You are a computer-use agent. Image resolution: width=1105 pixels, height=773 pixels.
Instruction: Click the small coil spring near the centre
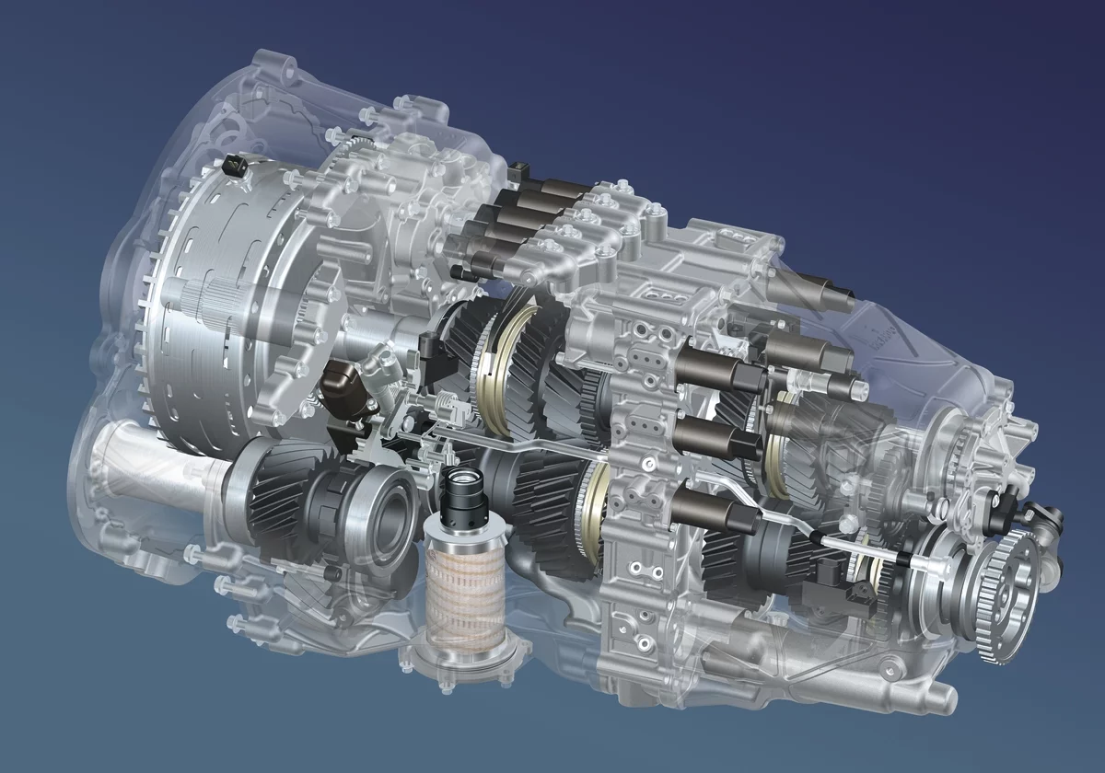pos(448,405)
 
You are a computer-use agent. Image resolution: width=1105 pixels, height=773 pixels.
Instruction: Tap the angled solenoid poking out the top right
pos(825,294)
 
